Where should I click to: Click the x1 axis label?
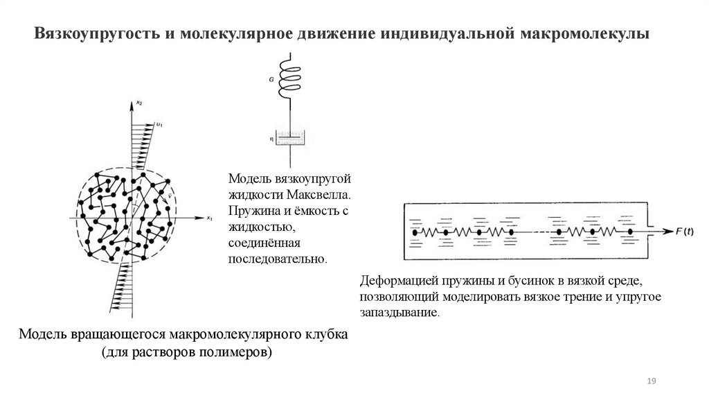[209, 219]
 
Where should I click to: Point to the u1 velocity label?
[160, 124]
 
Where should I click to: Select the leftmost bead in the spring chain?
[415, 232]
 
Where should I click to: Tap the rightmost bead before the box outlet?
[630, 232]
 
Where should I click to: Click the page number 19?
[651, 382]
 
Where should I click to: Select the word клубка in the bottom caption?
[326, 334]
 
